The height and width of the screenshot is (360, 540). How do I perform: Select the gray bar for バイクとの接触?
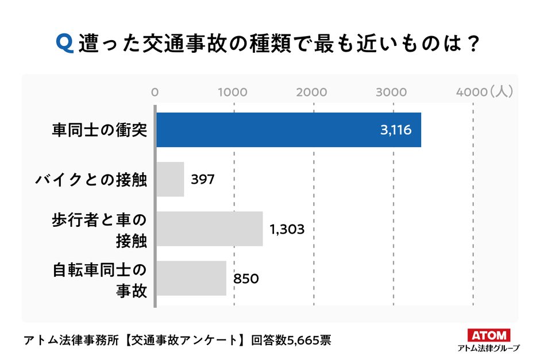pyautogui.click(x=171, y=180)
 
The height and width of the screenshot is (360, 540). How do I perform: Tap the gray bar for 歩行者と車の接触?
pyautogui.click(x=210, y=229)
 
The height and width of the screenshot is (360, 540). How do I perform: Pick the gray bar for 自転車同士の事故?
pyautogui.click(x=192, y=278)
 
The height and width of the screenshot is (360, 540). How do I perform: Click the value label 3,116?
pyautogui.click(x=395, y=130)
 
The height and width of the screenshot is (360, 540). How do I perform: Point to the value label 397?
pyautogui.click(x=203, y=180)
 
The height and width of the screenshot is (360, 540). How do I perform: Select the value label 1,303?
pyautogui.click(x=287, y=230)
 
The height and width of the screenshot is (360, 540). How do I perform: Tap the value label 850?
pyautogui.click(x=246, y=279)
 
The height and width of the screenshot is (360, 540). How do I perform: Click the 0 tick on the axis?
pyautogui.click(x=155, y=92)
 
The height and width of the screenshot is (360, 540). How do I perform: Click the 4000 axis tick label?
pyautogui.click(x=470, y=92)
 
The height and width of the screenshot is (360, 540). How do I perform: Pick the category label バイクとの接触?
pyautogui.click(x=91, y=180)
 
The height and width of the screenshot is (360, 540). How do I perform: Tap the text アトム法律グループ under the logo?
pyautogui.click(x=488, y=348)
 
